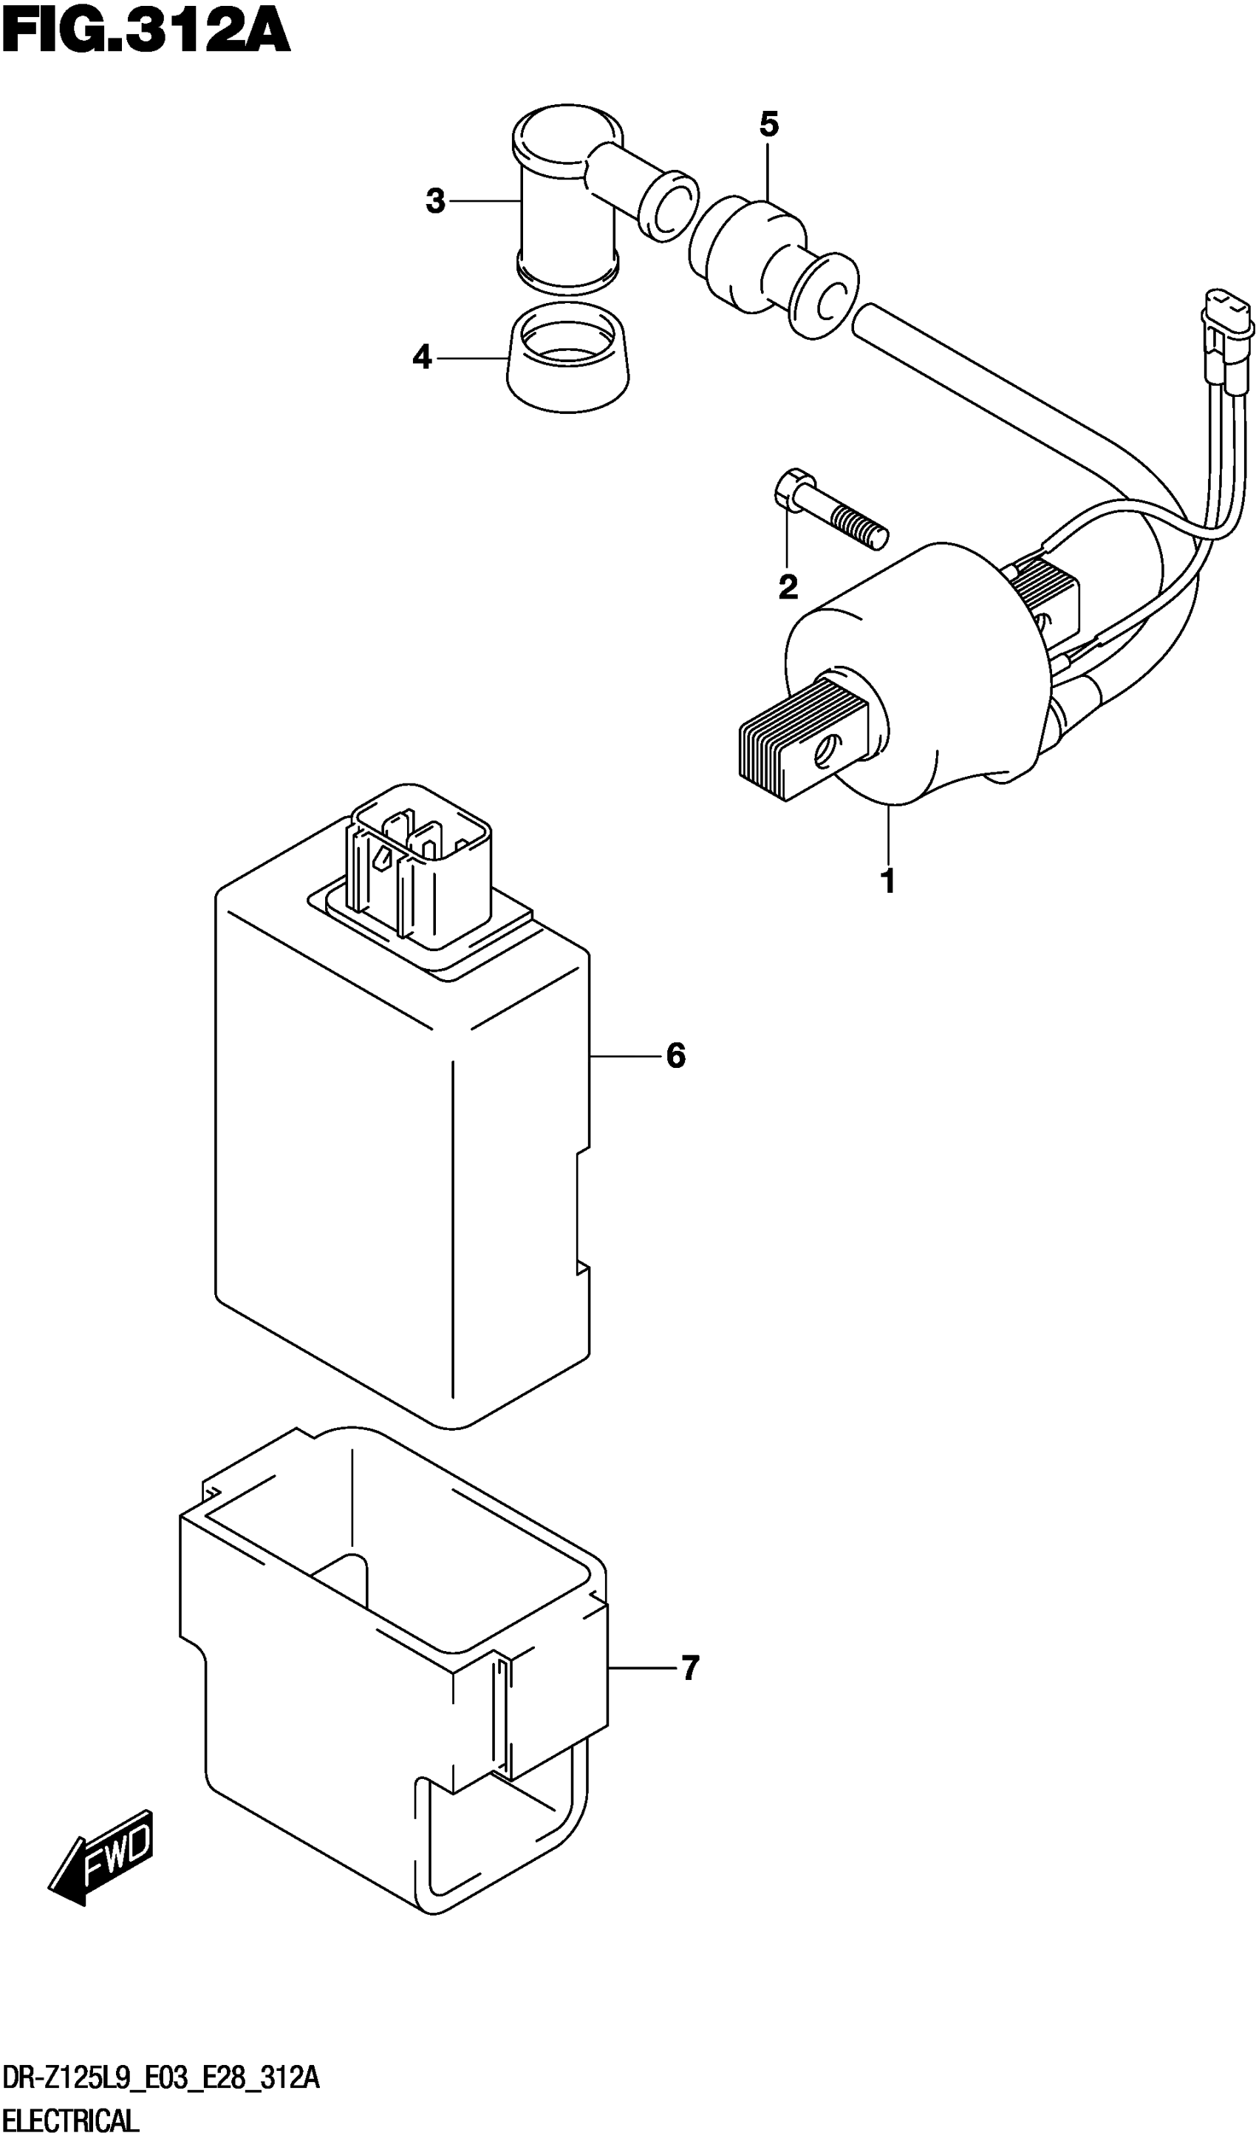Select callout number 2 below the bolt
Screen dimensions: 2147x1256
(788, 587)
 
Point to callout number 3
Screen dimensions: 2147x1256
(435, 202)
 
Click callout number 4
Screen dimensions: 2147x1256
(423, 358)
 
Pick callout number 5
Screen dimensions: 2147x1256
(768, 125)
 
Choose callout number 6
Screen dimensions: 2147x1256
(675, 1056)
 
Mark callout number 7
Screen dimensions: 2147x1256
(690, 1667)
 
